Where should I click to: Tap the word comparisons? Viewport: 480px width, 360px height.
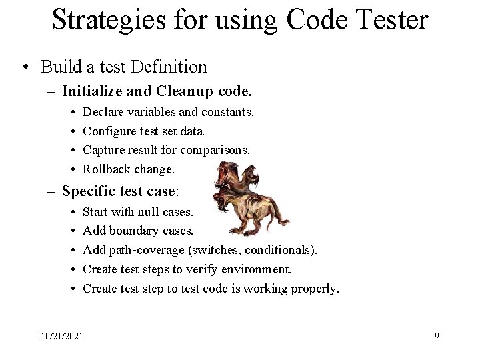[x=215, y=151]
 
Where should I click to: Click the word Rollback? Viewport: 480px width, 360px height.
[x=106, y=170]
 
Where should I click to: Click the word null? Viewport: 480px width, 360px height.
[x=147, y=212]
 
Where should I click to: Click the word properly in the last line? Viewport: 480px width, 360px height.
[x=315, y=289]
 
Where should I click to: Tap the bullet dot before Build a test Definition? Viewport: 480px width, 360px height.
[x=25, y=67]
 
